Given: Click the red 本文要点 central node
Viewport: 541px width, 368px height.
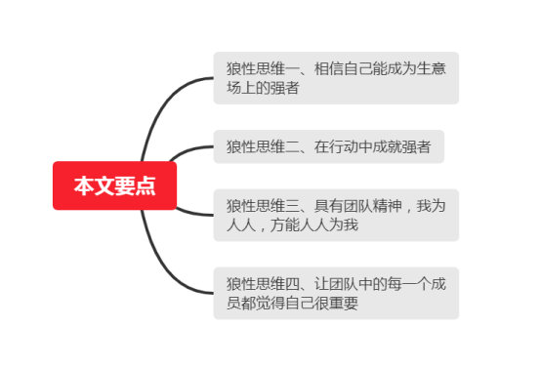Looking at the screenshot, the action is click(x=114, y=185).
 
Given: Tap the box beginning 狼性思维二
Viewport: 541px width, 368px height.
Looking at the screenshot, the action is click(x=328, y=147).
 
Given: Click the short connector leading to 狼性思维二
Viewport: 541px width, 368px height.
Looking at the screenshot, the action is click(x=190, y=150).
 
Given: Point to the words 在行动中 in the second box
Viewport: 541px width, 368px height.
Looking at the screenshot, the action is click(x=343, y=147).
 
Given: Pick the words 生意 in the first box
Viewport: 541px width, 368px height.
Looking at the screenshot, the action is click(x=432, y=69).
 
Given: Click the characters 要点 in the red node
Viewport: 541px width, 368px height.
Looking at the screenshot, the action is click(x=137, y=185).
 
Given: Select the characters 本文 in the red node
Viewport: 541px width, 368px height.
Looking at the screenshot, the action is click(x=94, y=185).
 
